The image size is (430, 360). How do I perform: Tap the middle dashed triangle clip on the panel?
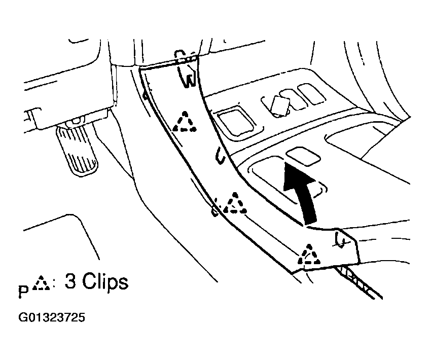coord(234,203)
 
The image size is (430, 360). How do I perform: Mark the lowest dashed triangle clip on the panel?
coord(309,255)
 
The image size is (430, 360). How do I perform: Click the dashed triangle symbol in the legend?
coord(41,283)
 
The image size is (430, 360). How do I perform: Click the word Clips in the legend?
coord(105,281)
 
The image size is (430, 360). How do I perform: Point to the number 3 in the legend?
coord(70,281)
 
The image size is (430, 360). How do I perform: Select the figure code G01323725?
coord(52,317)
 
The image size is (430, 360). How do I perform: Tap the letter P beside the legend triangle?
coord(24,292)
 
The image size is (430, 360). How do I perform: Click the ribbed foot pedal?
coord(77,150)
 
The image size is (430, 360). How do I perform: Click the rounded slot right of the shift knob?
coord(311,94)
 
